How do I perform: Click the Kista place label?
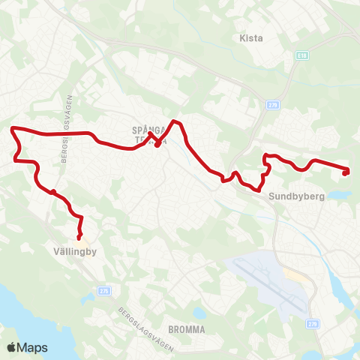pyautogui.click(x=250, y=38)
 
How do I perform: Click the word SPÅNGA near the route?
pyautogui.click(x=148, y=130)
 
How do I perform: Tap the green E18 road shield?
pyautogui.click(x=301, y=56)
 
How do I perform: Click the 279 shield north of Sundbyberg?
pyautogui.click(x=272, y=106)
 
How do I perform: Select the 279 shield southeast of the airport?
pyautogui.click(x=313, y=324)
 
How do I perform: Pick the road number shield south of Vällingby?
pyautogui.click(x=103, y=290)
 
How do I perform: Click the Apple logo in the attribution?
pyautogui.click(x=11, y=348)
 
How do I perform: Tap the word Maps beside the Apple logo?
pyautogui.click(x=32, y=348)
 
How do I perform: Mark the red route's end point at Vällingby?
pyautogui.click(x=79, y=238)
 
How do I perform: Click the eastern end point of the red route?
pyautogui.click(x=346, y=173)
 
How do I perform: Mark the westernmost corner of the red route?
pyautogui.click(x=11, y=130)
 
